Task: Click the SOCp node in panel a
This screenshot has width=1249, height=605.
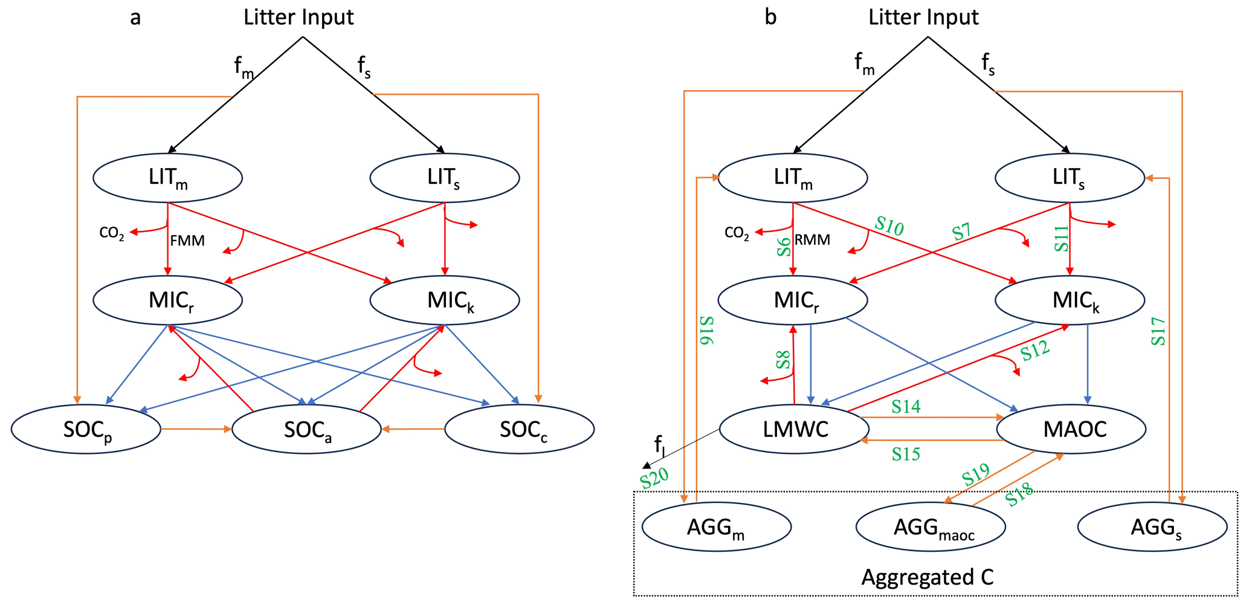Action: [86, 429]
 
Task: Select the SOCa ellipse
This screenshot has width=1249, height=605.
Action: [306, 429]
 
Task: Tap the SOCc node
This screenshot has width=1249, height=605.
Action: [520, 429]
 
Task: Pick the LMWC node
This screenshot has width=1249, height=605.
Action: [794, 429]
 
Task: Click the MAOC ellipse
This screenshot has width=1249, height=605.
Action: [1071, 429]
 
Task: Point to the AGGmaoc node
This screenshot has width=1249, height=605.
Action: [931, 527]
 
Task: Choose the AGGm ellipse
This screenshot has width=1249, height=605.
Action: [717, 527]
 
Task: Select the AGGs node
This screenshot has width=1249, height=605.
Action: [1152, 527]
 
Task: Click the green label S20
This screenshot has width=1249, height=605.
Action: [654, 478]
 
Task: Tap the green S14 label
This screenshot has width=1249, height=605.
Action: [906, 407]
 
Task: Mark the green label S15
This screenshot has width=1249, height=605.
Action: [906, 453]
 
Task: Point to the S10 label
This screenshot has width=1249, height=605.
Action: [889, 226]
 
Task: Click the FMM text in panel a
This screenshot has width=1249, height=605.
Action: [187, 241]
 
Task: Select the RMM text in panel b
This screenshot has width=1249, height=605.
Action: [812, 240]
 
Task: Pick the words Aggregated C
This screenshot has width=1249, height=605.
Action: [927, 577]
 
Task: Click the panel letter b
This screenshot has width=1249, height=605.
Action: [770, 17]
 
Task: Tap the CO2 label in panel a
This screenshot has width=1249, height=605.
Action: [112, 233]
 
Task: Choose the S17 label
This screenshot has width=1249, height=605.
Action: [1158, 331]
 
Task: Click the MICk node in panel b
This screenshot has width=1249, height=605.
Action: [1070, 300]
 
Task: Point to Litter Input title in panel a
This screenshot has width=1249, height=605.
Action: [299, 17]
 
